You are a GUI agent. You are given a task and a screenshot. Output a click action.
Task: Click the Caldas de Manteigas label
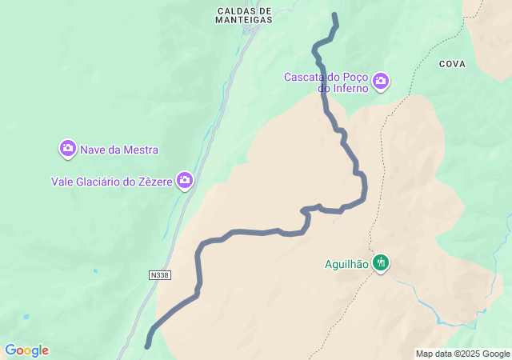[244, 16]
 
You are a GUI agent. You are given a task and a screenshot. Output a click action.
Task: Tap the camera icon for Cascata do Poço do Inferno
[381, 80]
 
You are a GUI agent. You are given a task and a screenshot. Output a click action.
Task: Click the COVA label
[452, 62]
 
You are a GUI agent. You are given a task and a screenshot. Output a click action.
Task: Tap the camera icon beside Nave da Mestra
[68, 148]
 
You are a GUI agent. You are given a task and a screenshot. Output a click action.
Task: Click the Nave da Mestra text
[119, 150]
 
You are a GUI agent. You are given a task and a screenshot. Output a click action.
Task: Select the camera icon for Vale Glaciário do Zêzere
[186, 181]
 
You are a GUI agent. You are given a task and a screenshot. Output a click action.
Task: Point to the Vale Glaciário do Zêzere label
[112, 182]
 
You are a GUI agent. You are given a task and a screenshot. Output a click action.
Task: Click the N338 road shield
[160, 275]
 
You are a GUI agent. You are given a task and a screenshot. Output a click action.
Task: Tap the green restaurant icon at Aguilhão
[381, 262]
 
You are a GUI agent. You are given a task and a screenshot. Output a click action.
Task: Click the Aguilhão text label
[346, 263]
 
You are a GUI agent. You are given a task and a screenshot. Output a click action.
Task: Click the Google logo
[26, 350]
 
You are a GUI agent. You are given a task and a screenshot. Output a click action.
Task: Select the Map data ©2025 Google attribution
[462, 354]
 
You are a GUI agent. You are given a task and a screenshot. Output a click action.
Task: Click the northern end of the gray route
[334, 15]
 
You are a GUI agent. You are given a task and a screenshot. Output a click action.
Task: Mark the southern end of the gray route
[147, 346]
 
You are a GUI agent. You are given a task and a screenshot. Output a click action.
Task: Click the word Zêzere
[153, 182]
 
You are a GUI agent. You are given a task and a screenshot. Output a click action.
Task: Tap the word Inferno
[343, 88]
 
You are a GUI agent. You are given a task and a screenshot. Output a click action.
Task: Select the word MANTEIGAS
[244, 21]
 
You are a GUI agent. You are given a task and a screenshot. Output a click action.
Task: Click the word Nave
[93, 150]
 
